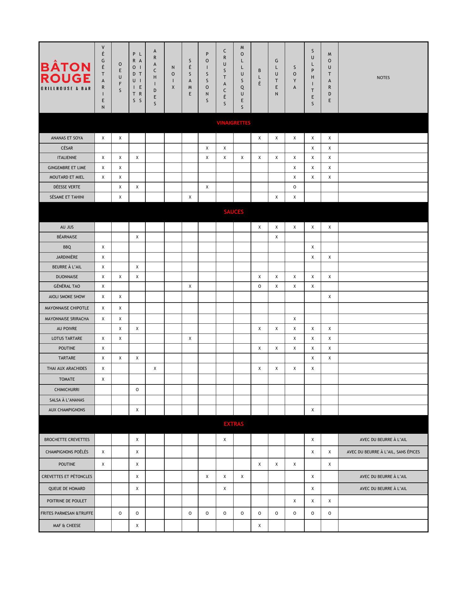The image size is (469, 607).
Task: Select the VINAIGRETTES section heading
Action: (x=234, y=123)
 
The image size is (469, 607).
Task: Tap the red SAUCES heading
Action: (x=234, y=212)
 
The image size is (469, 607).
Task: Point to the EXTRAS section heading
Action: (x=234, y=424)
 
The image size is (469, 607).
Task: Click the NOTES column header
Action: (x=383, y=77)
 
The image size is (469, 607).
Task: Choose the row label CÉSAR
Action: (x=67, y=148)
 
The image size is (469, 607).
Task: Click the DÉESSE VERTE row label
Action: (x=67, y=187)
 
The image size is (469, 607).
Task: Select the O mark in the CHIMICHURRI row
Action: (x=137, y=389)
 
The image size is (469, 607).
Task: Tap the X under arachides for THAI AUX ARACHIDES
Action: (x=155, y=368)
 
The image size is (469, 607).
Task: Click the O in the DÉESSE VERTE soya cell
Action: (x=295, y=187)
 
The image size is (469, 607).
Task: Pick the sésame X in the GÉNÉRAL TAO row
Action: (x=190, y=286)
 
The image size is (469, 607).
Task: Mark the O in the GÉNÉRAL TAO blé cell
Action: (x=259, y=286)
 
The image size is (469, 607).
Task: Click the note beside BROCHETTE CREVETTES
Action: (x=383, y=439)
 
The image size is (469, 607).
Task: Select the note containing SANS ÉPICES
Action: (x=383, y=452)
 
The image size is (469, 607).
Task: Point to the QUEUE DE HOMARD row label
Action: (x=67, y=488)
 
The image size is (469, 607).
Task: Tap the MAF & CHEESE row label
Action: (x=67, y=525)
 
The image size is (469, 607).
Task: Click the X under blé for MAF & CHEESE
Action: (x=259, y=525)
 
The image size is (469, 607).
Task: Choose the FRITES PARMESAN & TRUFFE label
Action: (x=67, y=513)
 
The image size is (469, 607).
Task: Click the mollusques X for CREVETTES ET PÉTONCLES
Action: (x=242, y=476)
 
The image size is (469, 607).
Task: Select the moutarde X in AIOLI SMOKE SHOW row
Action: (x=330, y=297)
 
